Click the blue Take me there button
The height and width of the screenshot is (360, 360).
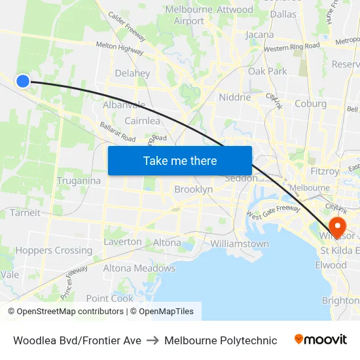[x=180, y=160]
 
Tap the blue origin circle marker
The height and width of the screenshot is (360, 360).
[x=22, y=81]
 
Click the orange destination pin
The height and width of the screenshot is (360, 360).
[x=338, y=226]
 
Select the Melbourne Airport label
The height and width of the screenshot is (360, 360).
[x=189, y=15]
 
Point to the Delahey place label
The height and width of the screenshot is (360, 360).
[x=132, y=73]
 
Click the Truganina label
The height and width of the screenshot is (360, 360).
[x=79, y=181]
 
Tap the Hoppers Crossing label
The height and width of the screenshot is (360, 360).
[x=54, y=250]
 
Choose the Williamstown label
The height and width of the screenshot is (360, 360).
[x=240, y=243]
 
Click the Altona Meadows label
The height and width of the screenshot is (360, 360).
[x=139, y=268]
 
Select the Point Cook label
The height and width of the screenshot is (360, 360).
[x=109, y=298]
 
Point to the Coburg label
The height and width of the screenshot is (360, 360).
[x=310, y=103]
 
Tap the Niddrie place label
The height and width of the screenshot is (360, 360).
[x=235, y=97]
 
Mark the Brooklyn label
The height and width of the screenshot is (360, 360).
[x=193, y=189]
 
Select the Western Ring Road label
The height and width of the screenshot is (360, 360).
[x=292, y=47]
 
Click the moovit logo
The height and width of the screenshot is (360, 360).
[x=320, y=340]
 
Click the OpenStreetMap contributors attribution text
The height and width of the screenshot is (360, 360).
[x=70, y=312]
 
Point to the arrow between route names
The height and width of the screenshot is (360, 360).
[x=153, y=340]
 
